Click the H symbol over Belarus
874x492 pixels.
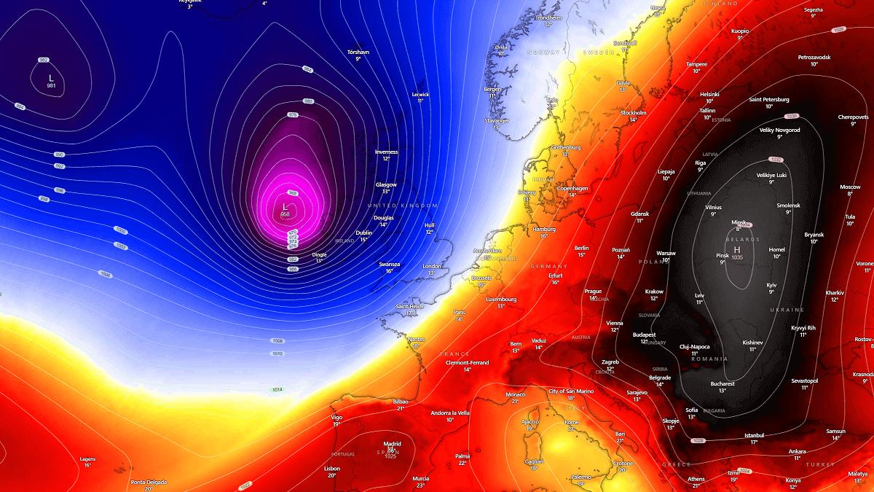tap(737, 250)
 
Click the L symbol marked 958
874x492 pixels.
tap(285, 208)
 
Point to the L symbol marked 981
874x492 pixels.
tap(50, 78)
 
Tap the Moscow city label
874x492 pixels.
tap(850, 187)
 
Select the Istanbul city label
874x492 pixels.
tap(754, 434)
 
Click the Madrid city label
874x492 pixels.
tap(393, 443)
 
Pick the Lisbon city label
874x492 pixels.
tap(331, 468)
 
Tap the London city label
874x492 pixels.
tap(432, 266)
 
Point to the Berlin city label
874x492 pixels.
tap(581, 248)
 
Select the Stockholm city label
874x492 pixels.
tap(633, 113)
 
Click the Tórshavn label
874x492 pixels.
tap(358, 52)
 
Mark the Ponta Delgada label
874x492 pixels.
tap(149, 482)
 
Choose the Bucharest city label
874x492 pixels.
tap(723, 383)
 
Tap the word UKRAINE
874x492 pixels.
tap(786, 311)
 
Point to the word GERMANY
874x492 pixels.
tap(549, 267)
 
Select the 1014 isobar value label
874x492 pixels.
tap(277, 390)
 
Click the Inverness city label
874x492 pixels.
tap(387, 152)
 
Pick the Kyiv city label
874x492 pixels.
tap(771, 285)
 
